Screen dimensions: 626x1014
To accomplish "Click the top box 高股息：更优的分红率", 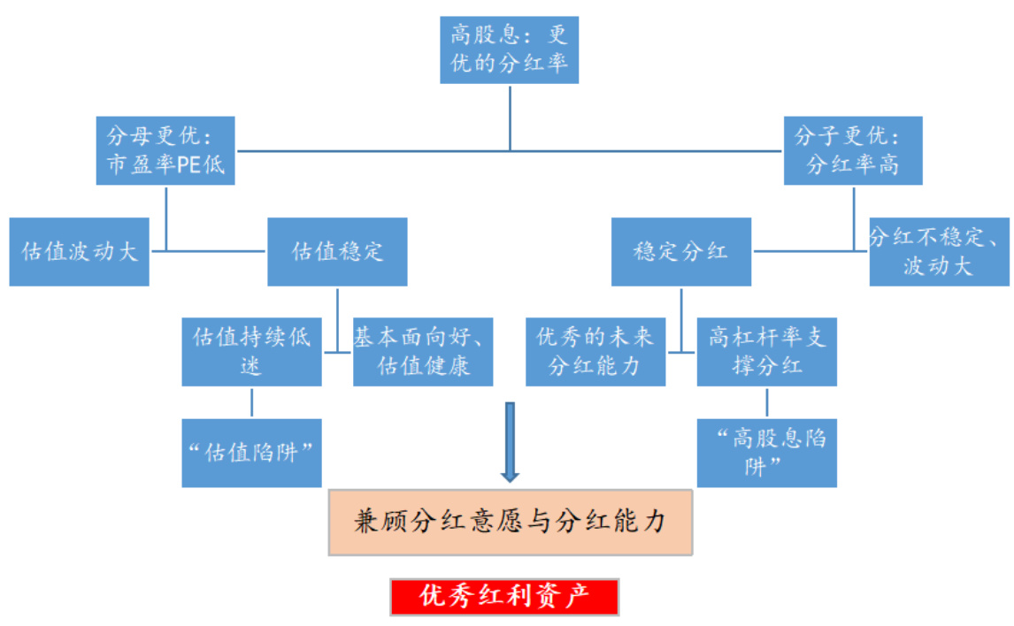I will [509, 50].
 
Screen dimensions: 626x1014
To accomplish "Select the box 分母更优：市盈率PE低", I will [165, 150].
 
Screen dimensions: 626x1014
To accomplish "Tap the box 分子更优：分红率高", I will [853, 150].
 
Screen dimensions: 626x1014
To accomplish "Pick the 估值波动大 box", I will [79, 251].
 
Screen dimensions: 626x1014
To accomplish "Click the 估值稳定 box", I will [337, 251].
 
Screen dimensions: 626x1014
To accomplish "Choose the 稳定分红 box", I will [681, 251].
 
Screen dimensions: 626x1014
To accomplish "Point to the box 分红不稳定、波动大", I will [939, 251].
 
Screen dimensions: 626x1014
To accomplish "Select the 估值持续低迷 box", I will [251, 351].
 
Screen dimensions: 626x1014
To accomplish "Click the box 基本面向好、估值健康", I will [423, 351].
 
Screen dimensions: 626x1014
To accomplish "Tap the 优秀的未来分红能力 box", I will [595, 351].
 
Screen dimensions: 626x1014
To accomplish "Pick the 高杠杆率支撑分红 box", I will [766, 351].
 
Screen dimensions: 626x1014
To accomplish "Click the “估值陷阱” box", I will [251, 452].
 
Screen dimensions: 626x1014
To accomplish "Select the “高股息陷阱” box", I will [766, 452].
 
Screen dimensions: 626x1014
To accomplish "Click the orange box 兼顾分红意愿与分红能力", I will [510, 522].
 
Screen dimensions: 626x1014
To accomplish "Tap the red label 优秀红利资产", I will [504, 597].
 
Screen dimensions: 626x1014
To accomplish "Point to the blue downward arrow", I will [510, 442].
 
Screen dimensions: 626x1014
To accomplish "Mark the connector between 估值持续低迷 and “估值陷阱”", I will [251, 401].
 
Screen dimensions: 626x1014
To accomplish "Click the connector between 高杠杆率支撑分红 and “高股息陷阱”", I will [766, 401].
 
